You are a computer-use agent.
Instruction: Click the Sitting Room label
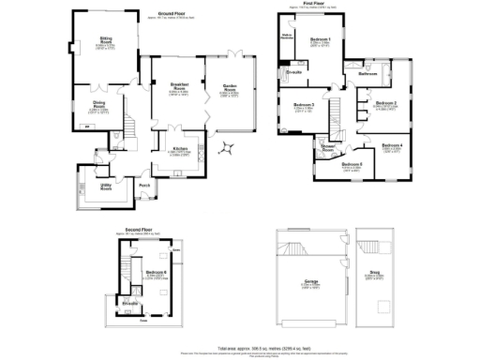(107, 39)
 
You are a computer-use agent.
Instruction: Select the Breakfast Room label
(180, 86)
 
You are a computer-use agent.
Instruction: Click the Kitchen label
(181, 148)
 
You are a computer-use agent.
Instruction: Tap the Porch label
(145, 185)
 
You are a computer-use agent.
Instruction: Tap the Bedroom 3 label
(302, 104)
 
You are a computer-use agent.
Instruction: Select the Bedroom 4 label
(393, 145)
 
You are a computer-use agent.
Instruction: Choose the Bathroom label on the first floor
(367, 72)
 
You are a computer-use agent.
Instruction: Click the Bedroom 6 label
(156, 272)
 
